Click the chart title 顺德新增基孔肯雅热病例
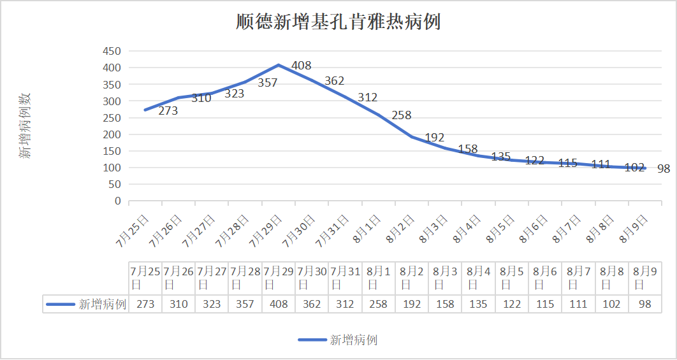pyautogui.click(x=338, y=22)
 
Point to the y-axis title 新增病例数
pyautogui.click(x=25, y=126)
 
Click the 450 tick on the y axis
pyautogui.click(x=112, y=52)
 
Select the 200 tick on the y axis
pyautogui.click(x=112, y=134)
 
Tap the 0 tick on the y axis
pyautogui.click(x=117, y=201)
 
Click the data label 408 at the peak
pyautogui.click(x=301, y=66)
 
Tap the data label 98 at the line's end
pyautogui.click(x=664, y=169)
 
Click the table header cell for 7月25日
pyautogui.click(x=145, y=277)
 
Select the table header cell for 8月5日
pyautogui.click(x=511, y=277)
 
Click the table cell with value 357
pyautogui.click(x=245, y=304)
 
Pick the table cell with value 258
pyautogui.click(x=378, y=304)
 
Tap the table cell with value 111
pyautogui.click(x=578, y=304)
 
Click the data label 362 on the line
pyautogui.click(x=334, y=81)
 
